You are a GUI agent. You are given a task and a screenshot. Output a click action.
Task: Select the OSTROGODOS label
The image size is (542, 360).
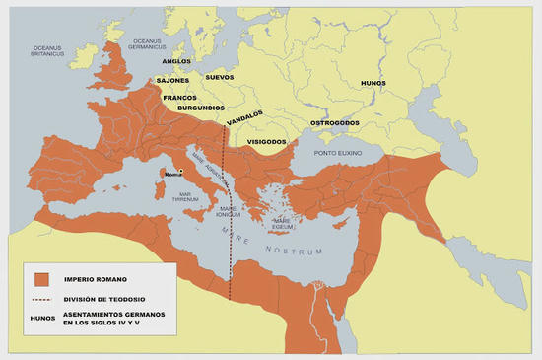(x=335, y=122)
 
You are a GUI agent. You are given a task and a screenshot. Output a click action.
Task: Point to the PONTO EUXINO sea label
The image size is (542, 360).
(x=338, y=156)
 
